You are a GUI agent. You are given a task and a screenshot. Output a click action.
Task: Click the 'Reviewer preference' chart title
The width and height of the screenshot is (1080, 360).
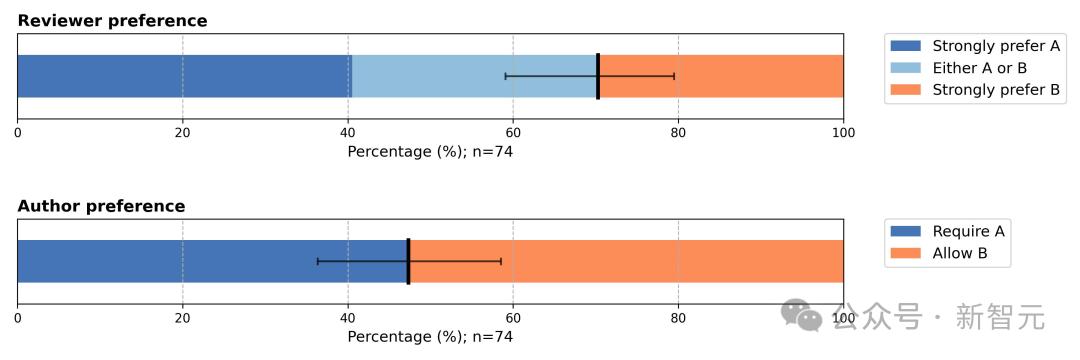pyautogui.click(x=112, y=21)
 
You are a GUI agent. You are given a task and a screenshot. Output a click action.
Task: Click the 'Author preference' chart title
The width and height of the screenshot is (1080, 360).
pyautogui.click(x=101, y=206)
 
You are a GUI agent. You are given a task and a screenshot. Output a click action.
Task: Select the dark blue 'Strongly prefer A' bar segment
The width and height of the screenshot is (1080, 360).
pyautogui.click(x=185, y=76)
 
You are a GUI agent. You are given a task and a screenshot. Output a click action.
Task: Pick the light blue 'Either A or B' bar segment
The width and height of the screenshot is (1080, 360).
pyautogui.click(x=474, y=76)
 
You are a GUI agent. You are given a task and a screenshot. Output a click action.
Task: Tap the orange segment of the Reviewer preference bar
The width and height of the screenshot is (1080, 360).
pyautogui.click(x=721, y=76)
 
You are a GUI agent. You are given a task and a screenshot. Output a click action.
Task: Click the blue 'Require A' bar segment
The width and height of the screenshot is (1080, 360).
pyautogui.click(x=212, y=261)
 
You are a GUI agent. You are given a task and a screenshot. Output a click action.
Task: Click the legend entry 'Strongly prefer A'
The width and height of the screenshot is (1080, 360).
pyautogui.click(x=975, y=46)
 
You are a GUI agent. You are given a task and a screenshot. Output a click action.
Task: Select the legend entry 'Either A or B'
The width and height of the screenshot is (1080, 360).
pyautogui.click(x=958, y=68)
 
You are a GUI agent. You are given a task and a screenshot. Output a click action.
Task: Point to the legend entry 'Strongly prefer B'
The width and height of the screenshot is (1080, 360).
pyautogui.click(x=975, y=89)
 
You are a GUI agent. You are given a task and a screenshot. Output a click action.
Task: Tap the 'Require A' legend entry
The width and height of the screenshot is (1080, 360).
pyautogui.click(x=947, y=231)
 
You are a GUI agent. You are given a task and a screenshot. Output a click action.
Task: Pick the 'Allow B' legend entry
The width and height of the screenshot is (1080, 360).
pyautogui.click(x=939, y=253)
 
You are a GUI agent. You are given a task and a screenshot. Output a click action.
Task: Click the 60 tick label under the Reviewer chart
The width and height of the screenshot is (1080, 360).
pyautogui.click(x=512, y=132)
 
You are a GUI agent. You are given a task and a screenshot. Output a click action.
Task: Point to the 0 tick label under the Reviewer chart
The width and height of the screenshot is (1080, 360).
pyautogui.click(x=17, y=132)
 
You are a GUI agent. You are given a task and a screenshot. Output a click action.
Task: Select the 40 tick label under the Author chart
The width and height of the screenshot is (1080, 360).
pyautogui.click(x=348, y=317)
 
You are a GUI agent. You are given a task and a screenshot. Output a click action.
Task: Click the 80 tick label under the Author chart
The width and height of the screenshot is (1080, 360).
pyautogui.click(x=678, y=317)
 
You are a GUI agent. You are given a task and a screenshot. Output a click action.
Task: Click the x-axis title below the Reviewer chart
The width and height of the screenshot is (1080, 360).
pyautogui.click(x=430, y=151)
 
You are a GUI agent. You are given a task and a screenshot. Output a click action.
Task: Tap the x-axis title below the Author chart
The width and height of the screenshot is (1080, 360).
pyautogui.click(x=430, y=337)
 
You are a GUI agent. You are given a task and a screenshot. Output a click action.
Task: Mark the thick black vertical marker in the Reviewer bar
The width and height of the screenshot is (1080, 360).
pyautogui.click(x=598, y=76)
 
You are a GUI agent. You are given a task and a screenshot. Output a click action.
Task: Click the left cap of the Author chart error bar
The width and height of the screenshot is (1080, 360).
pyautogui.click(x=318, y=261)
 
